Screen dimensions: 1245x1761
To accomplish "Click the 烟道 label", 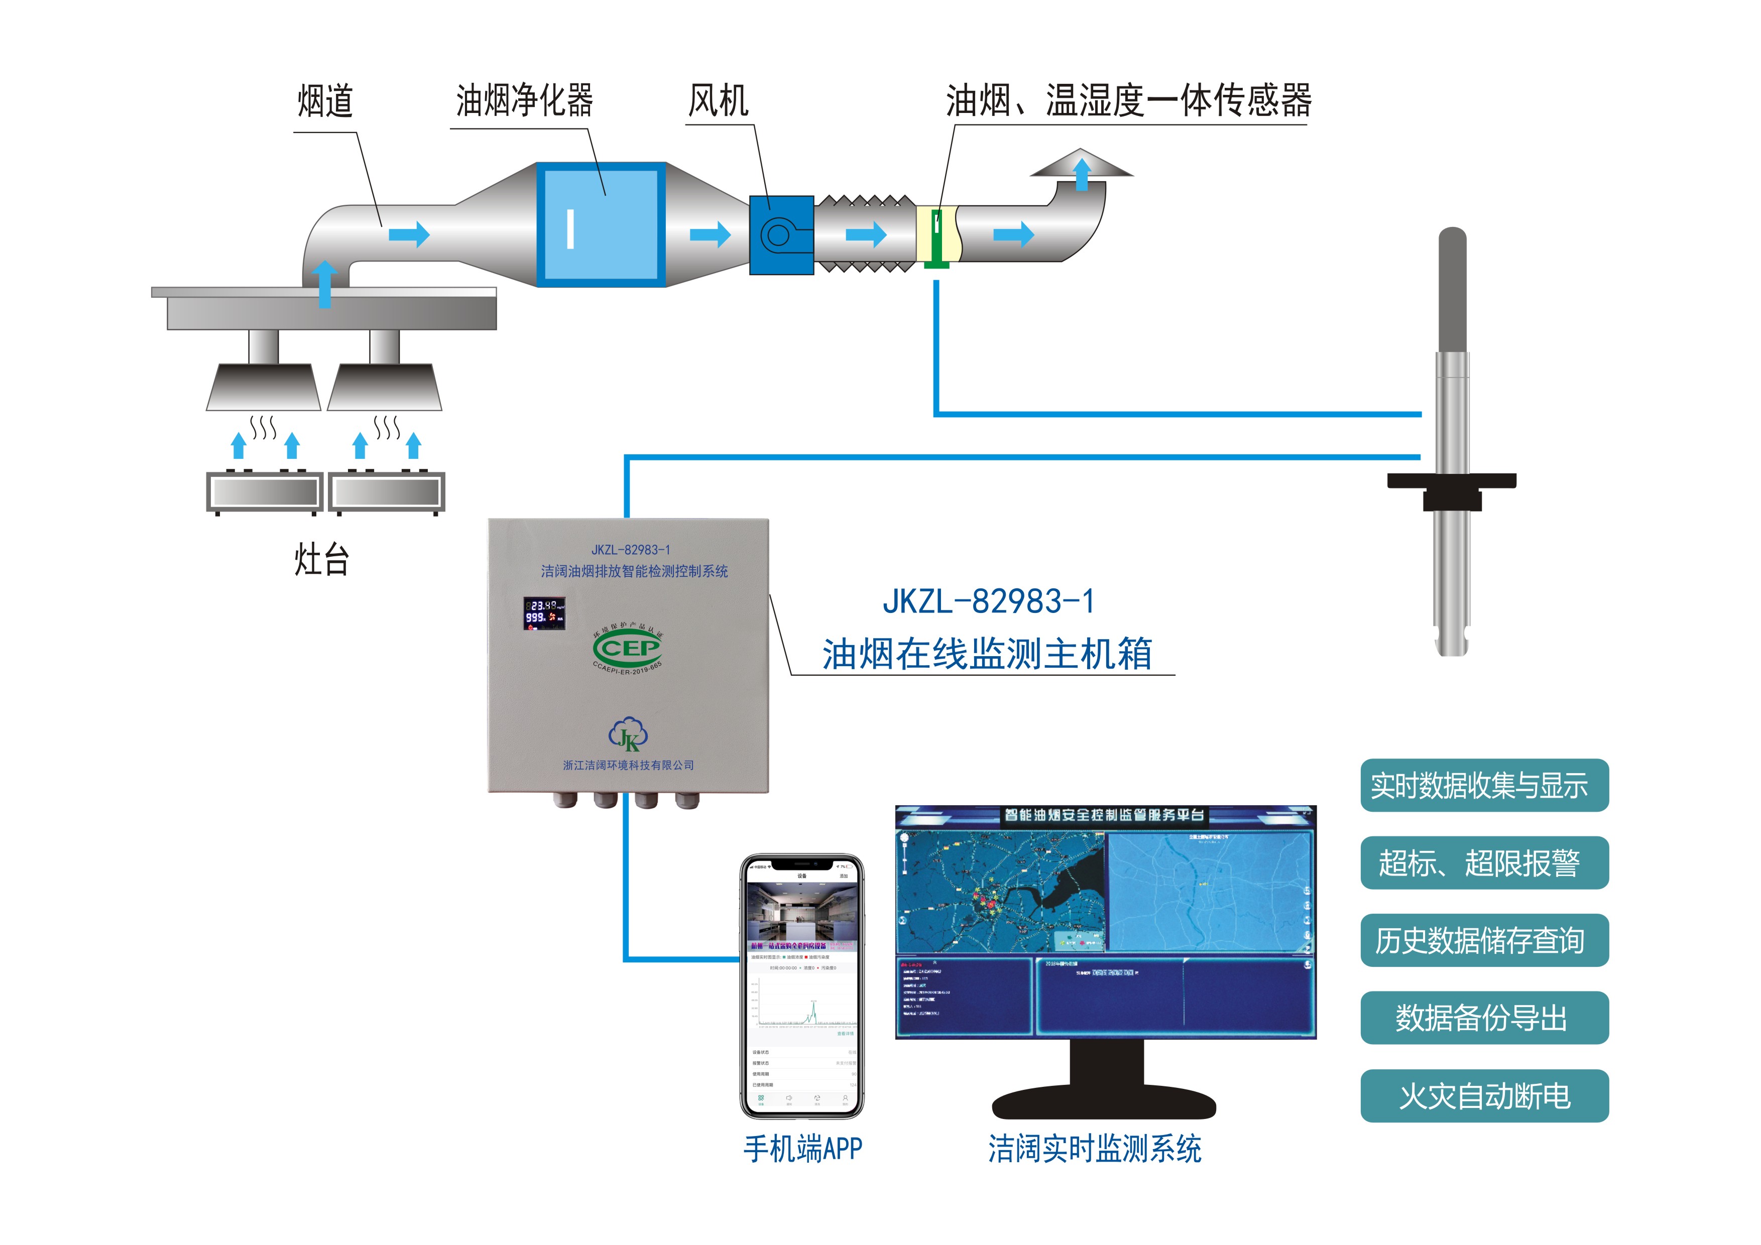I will click(x=325, y=102).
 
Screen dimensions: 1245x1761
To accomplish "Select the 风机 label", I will click(x=718, y=101).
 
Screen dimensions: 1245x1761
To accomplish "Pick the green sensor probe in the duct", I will click(x=936, y=237).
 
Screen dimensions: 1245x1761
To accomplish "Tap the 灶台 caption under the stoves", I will click(x=322, y=560).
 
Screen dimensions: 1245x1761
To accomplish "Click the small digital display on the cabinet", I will click(x=544, y=613).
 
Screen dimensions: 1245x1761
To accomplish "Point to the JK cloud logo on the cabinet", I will click(x=628, y=734).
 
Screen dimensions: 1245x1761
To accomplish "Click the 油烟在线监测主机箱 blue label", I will click(x=987, y=654).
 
